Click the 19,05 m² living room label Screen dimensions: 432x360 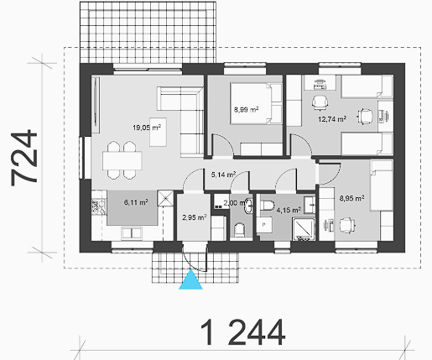tap(147, 128)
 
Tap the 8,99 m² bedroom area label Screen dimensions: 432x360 tap(246, 109)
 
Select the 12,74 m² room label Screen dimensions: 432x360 tap(332, 119)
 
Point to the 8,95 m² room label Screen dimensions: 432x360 tap(351, 198)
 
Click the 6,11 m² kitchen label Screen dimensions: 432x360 tap(136, 202)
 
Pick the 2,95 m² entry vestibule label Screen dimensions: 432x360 tap(195, 217)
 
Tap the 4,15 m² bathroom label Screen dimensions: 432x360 tap(289, 210)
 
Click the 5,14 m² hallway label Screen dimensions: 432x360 tap(223, 175)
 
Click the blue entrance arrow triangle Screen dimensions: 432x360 tap(190, 279)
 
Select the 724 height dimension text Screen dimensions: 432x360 tap(24, 158)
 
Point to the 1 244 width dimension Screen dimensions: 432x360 tap(242, 333)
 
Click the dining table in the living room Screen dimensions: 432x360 tap(122, 160)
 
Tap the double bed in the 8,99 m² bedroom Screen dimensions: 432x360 tap(251, 103)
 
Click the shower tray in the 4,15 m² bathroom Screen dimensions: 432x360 tap(304, 229)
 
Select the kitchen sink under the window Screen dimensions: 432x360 tap(132, 233)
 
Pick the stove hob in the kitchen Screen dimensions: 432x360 tap(98, 206)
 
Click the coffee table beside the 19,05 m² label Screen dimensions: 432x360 tap(158, 132)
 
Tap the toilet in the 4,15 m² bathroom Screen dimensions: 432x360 tap(267, 205)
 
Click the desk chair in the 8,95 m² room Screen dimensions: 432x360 tap(347, 225)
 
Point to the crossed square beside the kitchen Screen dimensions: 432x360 tap(165, 198)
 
